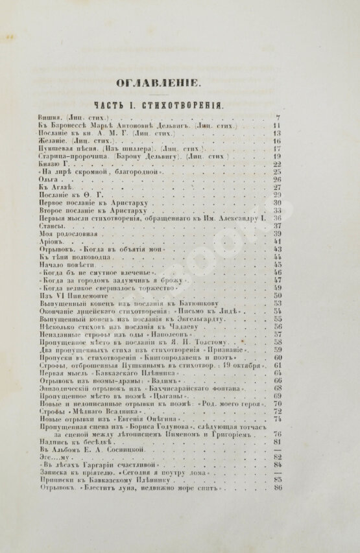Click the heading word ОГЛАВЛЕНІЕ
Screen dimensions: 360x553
click(180, 82)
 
